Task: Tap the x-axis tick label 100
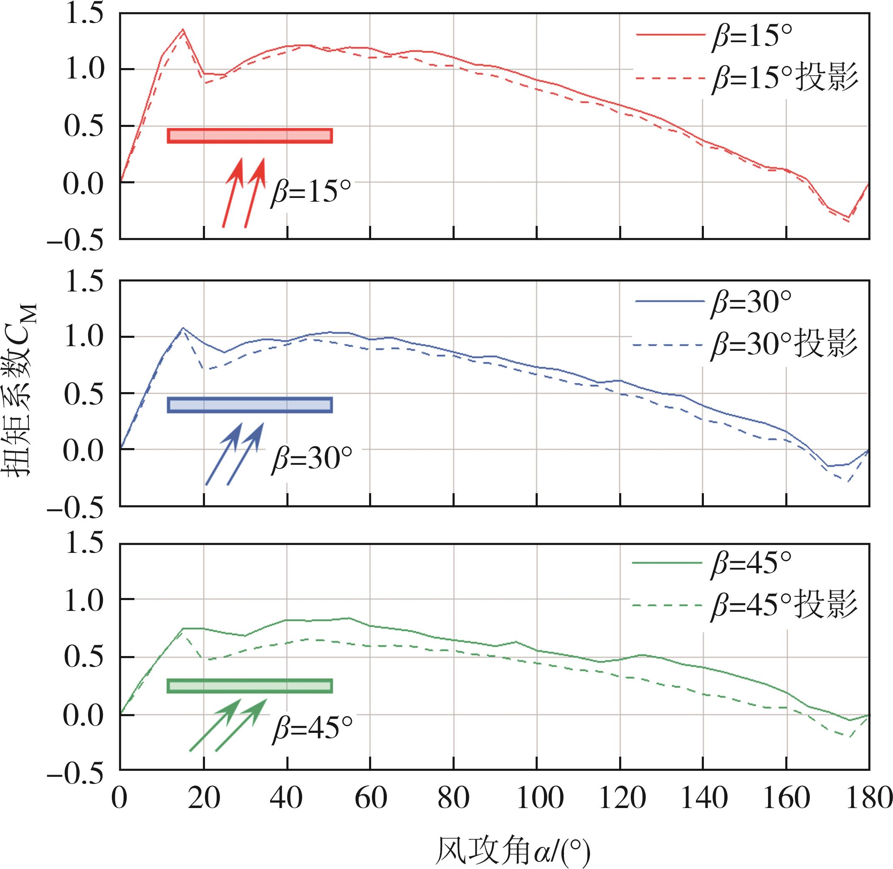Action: (536, 799)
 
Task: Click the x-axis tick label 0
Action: (119, 799)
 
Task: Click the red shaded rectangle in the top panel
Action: (250, 136)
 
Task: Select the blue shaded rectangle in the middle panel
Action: (250, 405)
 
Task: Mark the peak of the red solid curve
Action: (182, 30)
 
